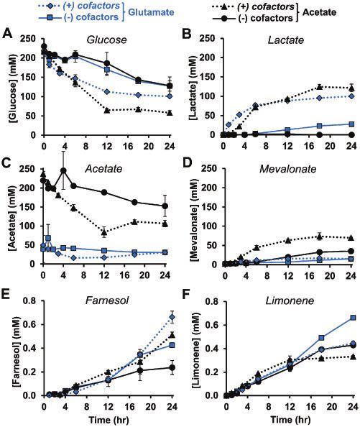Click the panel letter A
(8, 35)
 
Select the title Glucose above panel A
(106, 40)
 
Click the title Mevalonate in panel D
(287, 169)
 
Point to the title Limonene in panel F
(290, 301)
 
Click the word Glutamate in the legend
(151, 12)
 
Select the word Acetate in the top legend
(319, 12)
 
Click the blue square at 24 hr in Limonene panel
(353, 318)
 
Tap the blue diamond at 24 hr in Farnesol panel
(172, 317)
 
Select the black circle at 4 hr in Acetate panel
(63, 170)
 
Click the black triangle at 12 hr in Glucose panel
(106, 110)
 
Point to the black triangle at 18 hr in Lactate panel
(320, 86)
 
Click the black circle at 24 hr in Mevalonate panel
(351, 251)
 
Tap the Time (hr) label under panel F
(290, 419)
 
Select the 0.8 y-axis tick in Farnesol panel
(30, 301)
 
